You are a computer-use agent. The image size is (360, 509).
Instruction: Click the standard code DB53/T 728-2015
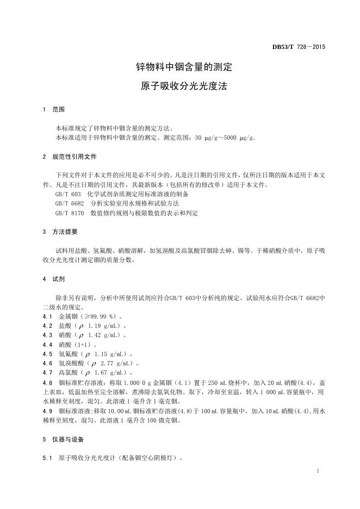pyautogui.click(x=299, y=47)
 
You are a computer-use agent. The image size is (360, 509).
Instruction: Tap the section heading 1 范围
pyautogui.click(x=54, y=110)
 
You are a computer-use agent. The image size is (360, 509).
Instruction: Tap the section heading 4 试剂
pyautogui.click(x=54, y=278)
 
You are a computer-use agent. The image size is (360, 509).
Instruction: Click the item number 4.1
pyautogui.click(x=47, y=316)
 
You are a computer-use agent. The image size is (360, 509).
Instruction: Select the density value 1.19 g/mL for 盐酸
pyautogui.click(x=105, y=326)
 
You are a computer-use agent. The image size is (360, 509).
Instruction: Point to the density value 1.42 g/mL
pyautogui.click(x=105, y=335)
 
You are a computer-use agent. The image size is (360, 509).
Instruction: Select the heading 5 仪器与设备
pyautogui.click(x=64, y=439)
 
